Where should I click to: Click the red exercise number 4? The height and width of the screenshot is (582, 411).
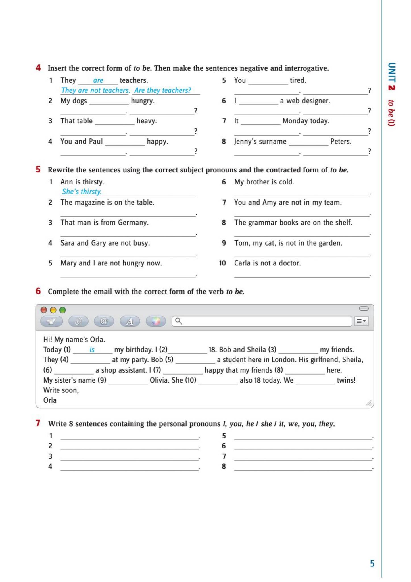tap(38, 68)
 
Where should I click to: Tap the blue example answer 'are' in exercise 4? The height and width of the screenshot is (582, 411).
tap(98, 80)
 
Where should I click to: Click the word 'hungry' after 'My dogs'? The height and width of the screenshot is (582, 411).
tap(142, 101)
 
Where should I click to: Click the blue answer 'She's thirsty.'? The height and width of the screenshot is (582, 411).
tap(82, 192)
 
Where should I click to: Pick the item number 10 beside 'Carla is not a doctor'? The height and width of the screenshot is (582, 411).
tap(222, 263)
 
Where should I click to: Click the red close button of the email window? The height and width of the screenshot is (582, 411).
tap(44, 310)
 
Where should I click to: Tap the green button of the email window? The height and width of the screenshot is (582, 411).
tap(62, 310)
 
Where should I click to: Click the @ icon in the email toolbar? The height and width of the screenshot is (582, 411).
tap(104, 321)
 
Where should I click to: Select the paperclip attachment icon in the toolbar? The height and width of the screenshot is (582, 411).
tap(78, 321)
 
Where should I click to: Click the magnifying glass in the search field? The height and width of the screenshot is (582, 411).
tap(178, 321)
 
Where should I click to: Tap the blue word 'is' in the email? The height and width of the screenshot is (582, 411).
tap(92, 350)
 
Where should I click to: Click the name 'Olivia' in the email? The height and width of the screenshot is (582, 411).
tap(159, 380)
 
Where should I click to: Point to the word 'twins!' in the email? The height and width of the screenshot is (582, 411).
tap(346, 380)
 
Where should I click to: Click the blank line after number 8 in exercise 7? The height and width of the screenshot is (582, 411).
tap(303, 467)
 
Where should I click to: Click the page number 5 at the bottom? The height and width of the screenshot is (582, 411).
tap(372, 563)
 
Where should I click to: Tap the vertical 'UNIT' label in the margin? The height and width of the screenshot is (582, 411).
tap(392, 72)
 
